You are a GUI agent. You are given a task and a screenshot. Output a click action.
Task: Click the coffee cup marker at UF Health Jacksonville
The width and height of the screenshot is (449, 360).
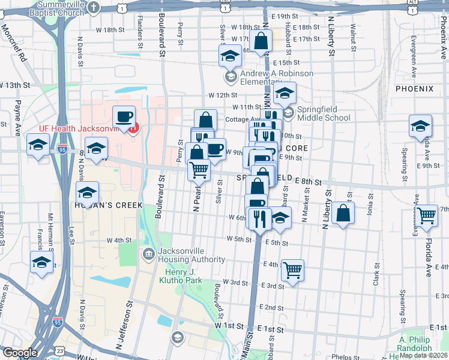tap(124, 116)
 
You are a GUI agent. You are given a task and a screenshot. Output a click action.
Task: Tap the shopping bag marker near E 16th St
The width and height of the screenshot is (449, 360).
tap(261, 42)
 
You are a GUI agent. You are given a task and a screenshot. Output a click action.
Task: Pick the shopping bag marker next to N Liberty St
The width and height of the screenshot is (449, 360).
tap(342, 213)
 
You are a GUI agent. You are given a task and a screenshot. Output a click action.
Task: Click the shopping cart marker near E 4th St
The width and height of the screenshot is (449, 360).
tap(292, 270)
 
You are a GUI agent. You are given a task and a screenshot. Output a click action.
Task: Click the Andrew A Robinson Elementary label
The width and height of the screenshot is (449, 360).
tap(276, 77)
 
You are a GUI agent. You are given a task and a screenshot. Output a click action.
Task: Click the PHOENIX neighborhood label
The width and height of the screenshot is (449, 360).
tap(414, 89)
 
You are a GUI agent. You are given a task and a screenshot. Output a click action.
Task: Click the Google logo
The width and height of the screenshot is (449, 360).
tap(19, 353)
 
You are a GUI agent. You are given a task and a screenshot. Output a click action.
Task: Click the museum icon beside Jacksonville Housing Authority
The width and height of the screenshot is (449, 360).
tap(148, 254)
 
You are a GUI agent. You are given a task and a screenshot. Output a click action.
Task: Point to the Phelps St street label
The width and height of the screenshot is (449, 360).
tap(343, 356)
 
